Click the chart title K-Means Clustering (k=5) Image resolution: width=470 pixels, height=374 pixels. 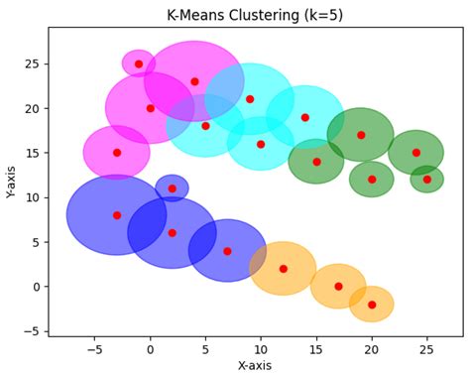255,14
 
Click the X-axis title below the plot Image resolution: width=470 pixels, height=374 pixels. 255,365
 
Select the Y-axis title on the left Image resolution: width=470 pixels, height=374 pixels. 12,182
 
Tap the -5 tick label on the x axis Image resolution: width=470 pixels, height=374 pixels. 94,349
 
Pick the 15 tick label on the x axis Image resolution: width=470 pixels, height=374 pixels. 316,349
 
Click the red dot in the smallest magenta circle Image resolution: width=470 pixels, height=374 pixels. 139,63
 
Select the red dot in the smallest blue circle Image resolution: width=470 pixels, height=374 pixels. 172,188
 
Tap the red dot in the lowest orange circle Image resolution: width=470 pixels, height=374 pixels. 372,305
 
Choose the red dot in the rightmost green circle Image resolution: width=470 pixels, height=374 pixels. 427,180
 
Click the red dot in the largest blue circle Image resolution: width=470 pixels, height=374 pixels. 117,215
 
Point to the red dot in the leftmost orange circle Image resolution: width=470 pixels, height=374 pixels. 283,269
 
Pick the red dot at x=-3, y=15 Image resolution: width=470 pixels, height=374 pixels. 117,153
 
